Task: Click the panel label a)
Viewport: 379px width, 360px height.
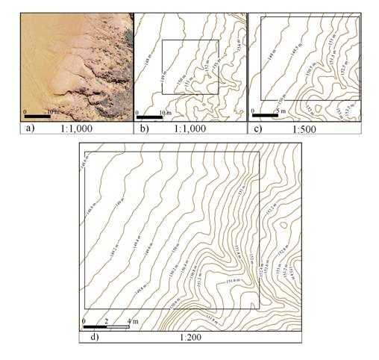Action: [x=28, y=129]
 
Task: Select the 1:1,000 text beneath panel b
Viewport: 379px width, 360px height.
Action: [x=195, y=129]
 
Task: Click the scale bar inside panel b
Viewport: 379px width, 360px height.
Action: [x=150, y=117]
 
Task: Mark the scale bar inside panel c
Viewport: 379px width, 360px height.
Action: [x=265, y=117]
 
